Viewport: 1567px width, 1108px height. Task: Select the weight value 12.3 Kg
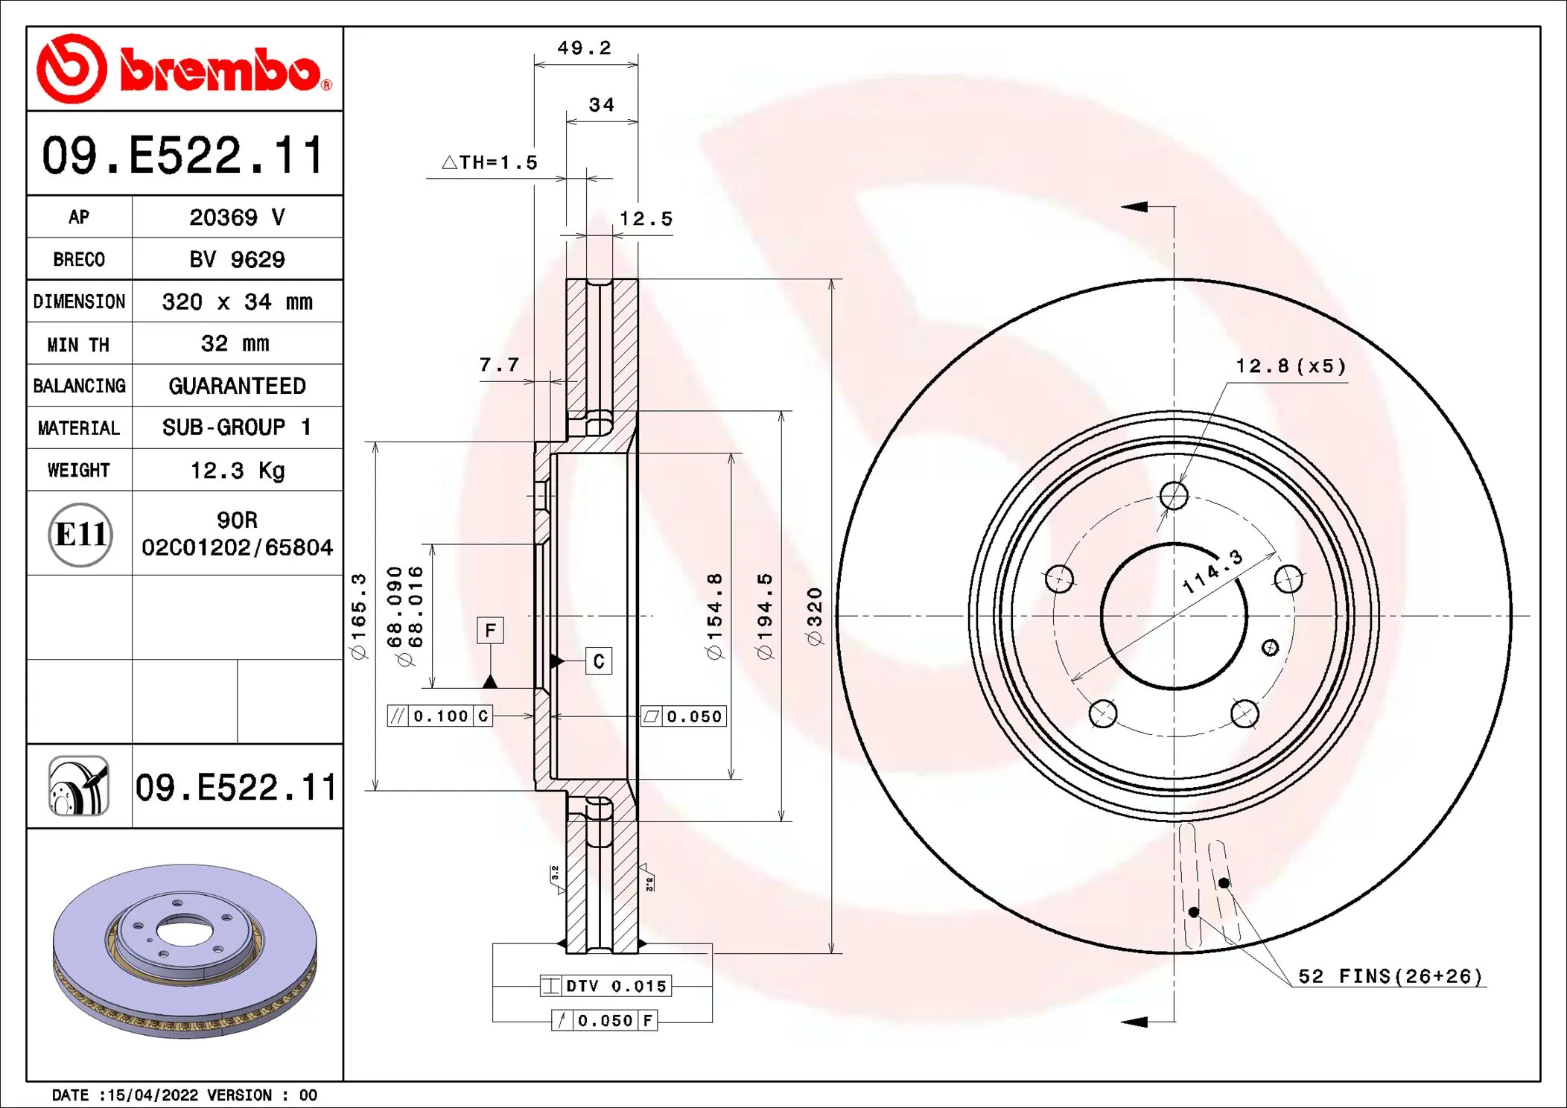tap(237, 471)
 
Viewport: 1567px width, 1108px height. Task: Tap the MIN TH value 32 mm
tap(235, 343)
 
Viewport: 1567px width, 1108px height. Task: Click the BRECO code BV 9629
tap(237, 259)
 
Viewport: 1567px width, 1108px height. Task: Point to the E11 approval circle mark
tap(80, 535)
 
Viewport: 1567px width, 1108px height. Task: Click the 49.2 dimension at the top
tap(584, 48)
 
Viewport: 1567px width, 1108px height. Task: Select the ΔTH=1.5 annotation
tap(490, 162)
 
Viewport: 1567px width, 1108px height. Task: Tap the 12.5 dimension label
tap(646, 219)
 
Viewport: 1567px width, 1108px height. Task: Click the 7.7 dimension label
tap(499, 365)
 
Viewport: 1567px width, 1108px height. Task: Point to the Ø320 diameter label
tap(814, 616)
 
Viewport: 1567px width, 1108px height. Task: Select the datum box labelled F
tap(490, 631)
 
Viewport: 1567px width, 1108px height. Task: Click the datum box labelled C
tap(599, 661)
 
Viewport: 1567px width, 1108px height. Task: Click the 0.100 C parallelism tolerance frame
tap(440, 716)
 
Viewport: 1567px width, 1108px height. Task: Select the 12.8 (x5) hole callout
tap(1291, 366)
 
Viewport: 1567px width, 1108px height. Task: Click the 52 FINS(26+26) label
tap(1390, 976)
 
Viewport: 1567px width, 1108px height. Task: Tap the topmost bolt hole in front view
tap(1174, 495)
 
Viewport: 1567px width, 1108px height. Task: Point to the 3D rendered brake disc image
tap(185, 951)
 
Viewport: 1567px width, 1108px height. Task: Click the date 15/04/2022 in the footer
tap(153, 1095)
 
